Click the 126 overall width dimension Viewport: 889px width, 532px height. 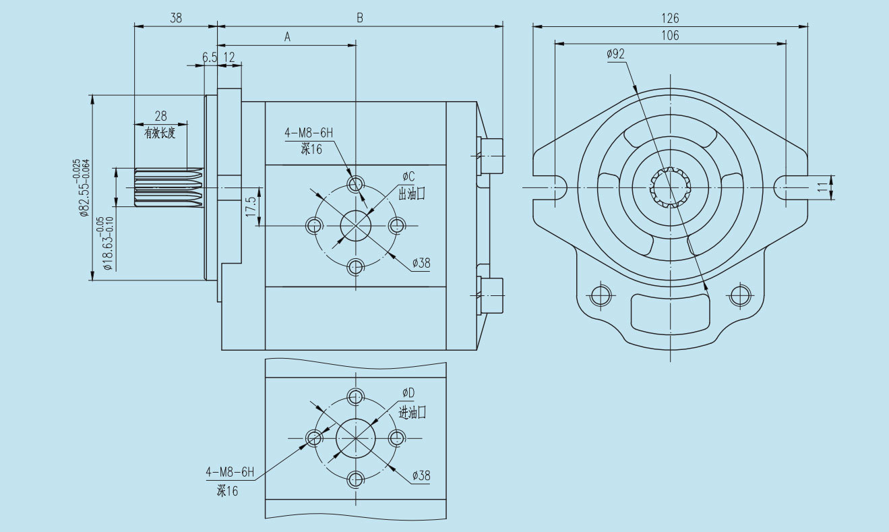coord(670,18)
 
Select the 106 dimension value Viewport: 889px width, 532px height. coord(670,35)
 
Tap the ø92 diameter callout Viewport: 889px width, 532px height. coord(616,54)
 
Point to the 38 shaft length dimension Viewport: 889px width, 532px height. coord(176,18)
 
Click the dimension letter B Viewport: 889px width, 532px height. coord(360,18)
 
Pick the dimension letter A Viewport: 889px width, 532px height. coord(286,38)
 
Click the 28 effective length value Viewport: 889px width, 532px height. coord(160,116)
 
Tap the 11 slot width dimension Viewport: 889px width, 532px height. coord(823,187)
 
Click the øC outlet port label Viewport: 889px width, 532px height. coord(408,177)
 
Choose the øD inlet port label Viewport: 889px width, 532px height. coord(408,393)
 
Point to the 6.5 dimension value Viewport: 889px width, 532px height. coord(210,58)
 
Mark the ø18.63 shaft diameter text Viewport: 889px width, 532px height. coord(104,243)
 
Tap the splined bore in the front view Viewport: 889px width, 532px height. coord(671,186)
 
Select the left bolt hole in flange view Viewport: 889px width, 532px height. coord(599,295)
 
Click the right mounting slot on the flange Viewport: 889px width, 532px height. coord(785,187)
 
